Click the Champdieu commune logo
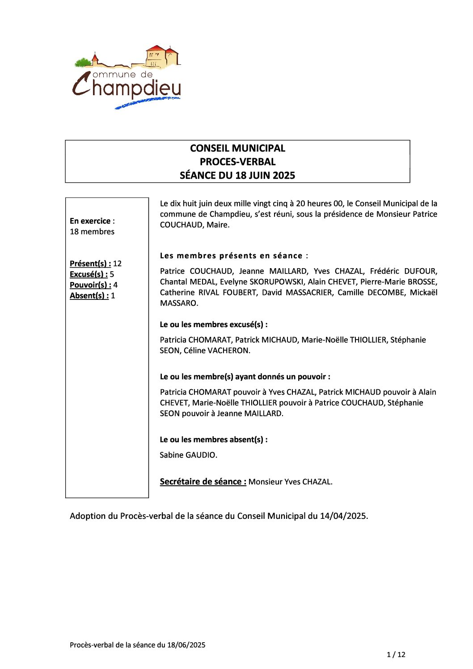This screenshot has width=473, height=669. pyautogui.click(x=127, y=77)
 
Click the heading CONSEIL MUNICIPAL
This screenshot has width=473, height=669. pyautogui.click(x=237, y=148)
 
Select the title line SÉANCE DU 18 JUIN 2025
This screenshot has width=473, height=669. pyautogui.click(x=237, y=175)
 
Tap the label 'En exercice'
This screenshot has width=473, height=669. pyautogui.click(x=90, y=221)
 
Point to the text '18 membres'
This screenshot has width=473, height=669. pyautogui.click(x=92, y=231)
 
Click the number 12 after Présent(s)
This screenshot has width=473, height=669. pyautogui.click(x=118, y=264)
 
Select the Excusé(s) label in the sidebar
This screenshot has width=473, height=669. pyautogui.click(x=89, y=274)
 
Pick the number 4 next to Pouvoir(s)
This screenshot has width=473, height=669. pyautogui.click(x=116, y=285)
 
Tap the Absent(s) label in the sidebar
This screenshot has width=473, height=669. pyautogui.click(x=89, y=295)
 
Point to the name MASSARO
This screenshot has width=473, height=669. pyautogui.click(x=178, y=303)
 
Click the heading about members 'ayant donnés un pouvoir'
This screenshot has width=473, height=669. pyautogui.click(x=245, y=377)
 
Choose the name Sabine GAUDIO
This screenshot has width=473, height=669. pyautogui.click(x=188, y=455)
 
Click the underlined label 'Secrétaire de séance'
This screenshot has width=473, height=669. pyautogui.click(x=203, y=481)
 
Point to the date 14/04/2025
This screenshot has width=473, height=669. pyautogui.click(x=343, y=516)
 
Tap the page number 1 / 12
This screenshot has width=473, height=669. pyautogui.click(x=396, y=655)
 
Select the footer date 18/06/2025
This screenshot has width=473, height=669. pyautogui.click(x=186, y=645)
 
